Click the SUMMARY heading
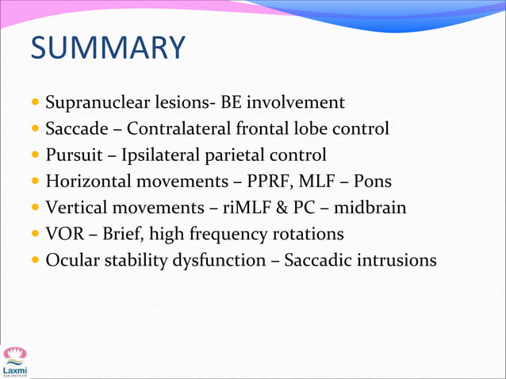[107, 48]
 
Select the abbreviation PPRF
[255, 181]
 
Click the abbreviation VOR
[62, 233]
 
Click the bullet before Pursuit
[34, 155]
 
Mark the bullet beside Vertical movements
[34, 208]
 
